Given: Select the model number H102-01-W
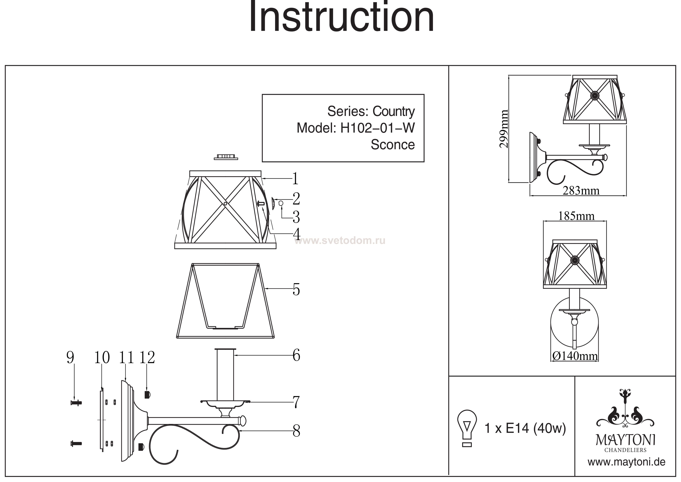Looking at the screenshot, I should coord(377,128).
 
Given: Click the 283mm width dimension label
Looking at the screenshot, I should coord(581,191).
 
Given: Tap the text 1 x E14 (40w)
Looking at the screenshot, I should coord(525,429).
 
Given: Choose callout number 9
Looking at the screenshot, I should coord(70,358).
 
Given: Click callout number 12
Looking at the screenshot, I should coord(147,358).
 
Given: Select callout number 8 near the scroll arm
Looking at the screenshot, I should coord(296,431).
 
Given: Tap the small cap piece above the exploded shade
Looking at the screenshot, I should coord(226,157).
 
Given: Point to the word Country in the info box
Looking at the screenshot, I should coord(393,112).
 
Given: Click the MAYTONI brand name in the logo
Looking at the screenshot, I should coord(625,440).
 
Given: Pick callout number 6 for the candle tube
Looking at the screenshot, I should coord(296,355).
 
